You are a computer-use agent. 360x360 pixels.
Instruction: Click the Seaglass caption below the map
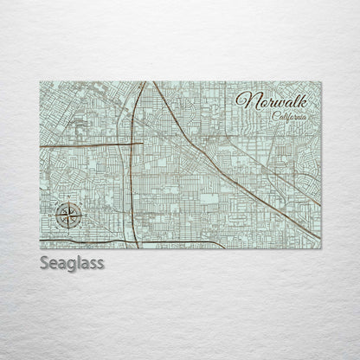[71, 262]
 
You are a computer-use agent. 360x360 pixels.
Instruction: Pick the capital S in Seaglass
[44, 262]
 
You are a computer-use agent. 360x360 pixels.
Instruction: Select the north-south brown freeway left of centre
[131, 173]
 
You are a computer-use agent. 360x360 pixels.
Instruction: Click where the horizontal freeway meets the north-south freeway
[132, 143]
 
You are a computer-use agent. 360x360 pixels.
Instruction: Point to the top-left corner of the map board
[40, 81]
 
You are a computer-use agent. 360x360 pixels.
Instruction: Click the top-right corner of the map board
[321, 81]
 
